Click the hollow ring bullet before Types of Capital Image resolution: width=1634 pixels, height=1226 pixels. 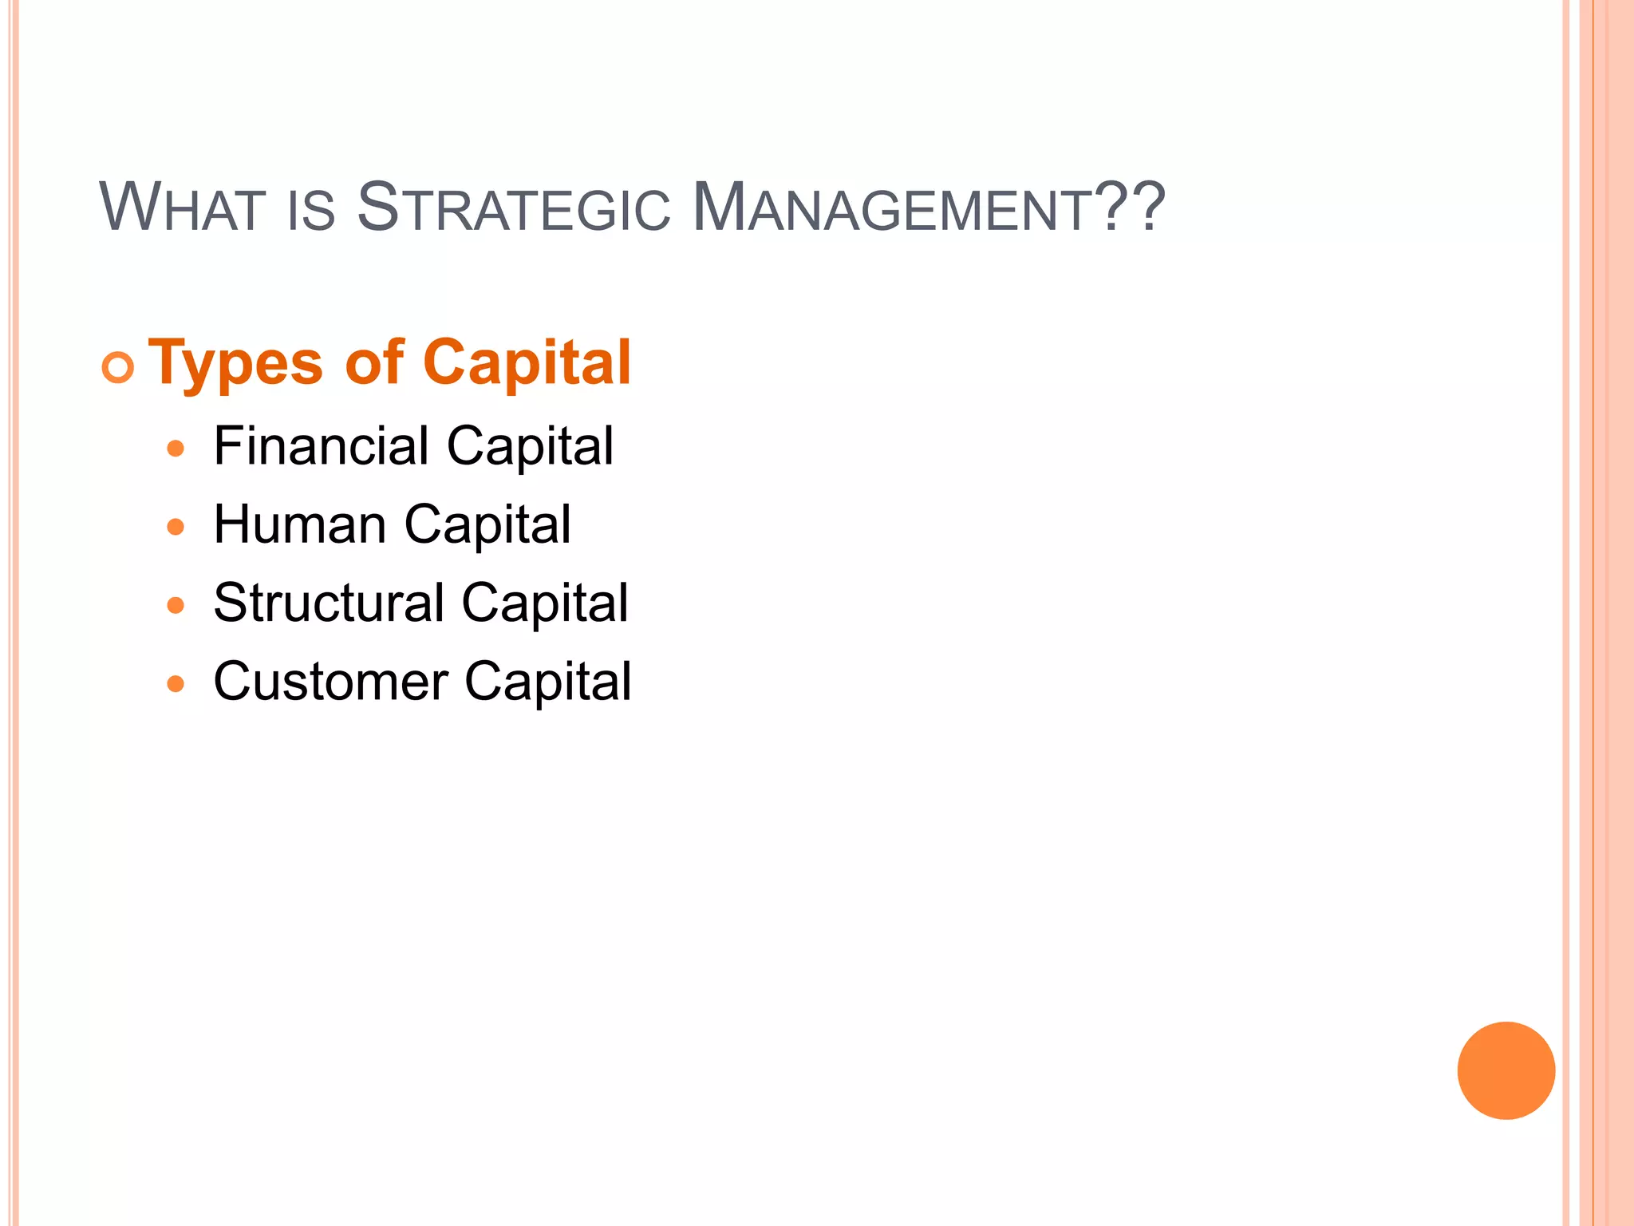(118, 367)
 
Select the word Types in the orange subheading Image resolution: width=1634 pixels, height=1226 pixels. (236, 364)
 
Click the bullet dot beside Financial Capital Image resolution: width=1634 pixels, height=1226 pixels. (176, 449)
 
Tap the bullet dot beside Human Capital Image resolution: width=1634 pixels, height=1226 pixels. (176, 527)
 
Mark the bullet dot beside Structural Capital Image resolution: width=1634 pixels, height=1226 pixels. (176, 606)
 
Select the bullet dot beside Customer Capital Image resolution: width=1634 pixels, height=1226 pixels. (176, 684)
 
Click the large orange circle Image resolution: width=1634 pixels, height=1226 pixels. (1506, 1070)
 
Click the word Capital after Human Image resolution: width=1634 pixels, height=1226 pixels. (487, 525)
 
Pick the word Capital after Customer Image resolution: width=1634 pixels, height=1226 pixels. (547, 682)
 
